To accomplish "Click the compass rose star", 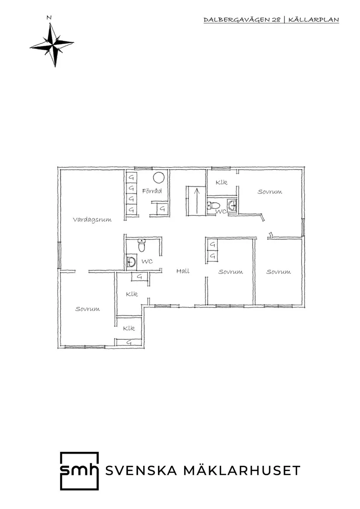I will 51,44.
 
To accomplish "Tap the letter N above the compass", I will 49,18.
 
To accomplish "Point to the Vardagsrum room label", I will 92,220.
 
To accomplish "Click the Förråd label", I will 152,191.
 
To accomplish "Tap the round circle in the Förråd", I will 158,178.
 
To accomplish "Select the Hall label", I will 183,271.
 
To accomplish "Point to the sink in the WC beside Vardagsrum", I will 130,262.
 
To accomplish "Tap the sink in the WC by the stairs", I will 232,205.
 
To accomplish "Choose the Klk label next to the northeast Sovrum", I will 221,182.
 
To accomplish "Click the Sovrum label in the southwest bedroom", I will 87,309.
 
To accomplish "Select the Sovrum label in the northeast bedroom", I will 269,191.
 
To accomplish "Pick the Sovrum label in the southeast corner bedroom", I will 278,272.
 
